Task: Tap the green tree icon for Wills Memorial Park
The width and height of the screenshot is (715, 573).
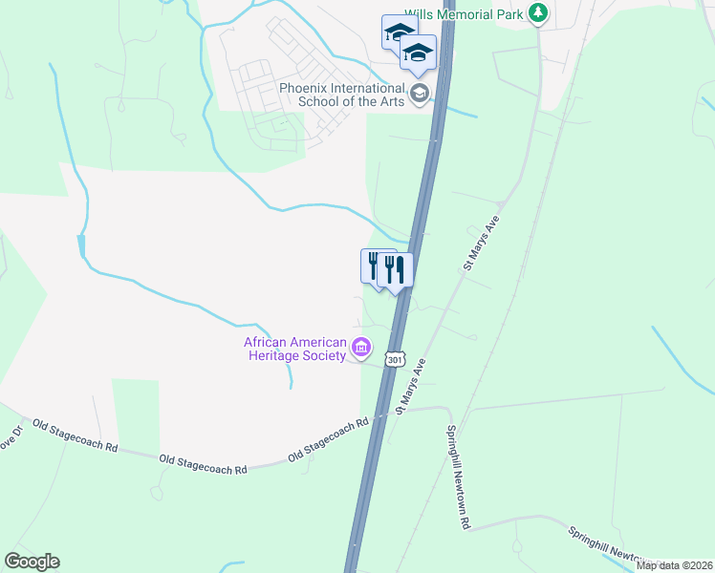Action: (539, 12)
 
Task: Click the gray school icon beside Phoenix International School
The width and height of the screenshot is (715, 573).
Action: (419, 94)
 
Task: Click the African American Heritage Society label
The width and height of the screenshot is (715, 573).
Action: (293, 349)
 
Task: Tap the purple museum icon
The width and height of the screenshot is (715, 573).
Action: (361, 349)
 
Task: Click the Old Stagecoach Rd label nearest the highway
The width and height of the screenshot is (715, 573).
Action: (328, 435)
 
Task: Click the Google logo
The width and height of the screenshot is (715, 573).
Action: (32, 562)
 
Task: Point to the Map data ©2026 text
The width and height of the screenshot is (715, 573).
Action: (674, 565)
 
